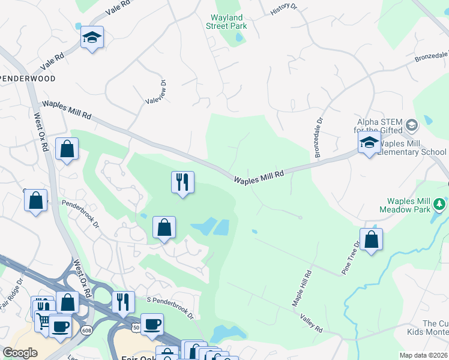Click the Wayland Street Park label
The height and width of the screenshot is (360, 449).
click(x=229, y=22)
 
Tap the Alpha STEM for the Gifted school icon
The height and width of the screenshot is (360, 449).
click(x=411, y=125)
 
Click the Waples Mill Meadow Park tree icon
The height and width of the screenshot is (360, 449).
click(x=441, y=205)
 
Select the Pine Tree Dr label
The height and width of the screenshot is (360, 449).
click(x=351, y=258)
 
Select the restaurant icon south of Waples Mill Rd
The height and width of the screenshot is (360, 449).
click(x=182, y=182)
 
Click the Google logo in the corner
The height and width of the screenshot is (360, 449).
click(x=20, y=353)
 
